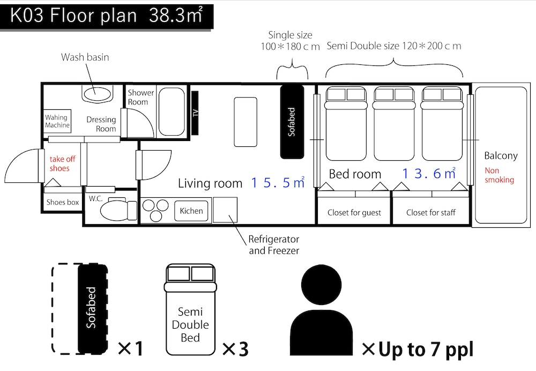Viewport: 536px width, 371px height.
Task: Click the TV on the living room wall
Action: pyautogui.click(x=195, y=113)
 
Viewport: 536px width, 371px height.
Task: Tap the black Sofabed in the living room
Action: pyautogui.click(x=292, y=122)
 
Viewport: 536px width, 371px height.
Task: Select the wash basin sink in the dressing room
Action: pyautogui.click(x=97, y=93)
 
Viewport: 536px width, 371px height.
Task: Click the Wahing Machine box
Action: pyautogui.click(x=57, y=121)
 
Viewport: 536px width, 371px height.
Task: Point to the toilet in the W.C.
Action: pyautogui.click(x=118, y=210)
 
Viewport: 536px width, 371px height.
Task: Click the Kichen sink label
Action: pyautogui.click(x=191, y=211)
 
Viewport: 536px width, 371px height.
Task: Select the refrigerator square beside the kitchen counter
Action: pyautogui.click(x=225, y=210)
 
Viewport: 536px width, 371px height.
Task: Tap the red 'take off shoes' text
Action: pyautogui.click(x=62, y=164)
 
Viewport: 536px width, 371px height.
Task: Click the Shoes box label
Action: pyautogui.click(x=63, y=202)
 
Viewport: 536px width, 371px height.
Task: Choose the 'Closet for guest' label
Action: pyautogui.click(x=354, y=213)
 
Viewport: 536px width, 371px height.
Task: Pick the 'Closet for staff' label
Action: pyautogui.click(x=431, y=213)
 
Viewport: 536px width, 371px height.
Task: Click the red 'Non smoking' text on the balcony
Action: pyautogui.click(x=499, y=175)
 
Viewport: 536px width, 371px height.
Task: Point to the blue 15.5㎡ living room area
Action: pyautogui.click(x=278, y=183)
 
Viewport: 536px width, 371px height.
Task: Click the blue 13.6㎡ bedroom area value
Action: pyautogui.click(x=429, y=173)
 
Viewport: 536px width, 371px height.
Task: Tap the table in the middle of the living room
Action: pyautogui.click(x=245, y=122)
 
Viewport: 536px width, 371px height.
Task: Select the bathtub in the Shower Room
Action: pyautogui.click(x=172, y=112)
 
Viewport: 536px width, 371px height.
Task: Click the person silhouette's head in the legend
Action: pyautogui.click(x=321, y=285)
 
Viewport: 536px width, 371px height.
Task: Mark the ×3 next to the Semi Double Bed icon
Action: pyautogui.click(x=235, y=349)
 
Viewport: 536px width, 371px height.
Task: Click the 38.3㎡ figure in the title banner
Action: pyautogui.click(x=176, y=16)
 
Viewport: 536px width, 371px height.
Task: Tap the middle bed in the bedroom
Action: pyautogui.click(x=394, y=124)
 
